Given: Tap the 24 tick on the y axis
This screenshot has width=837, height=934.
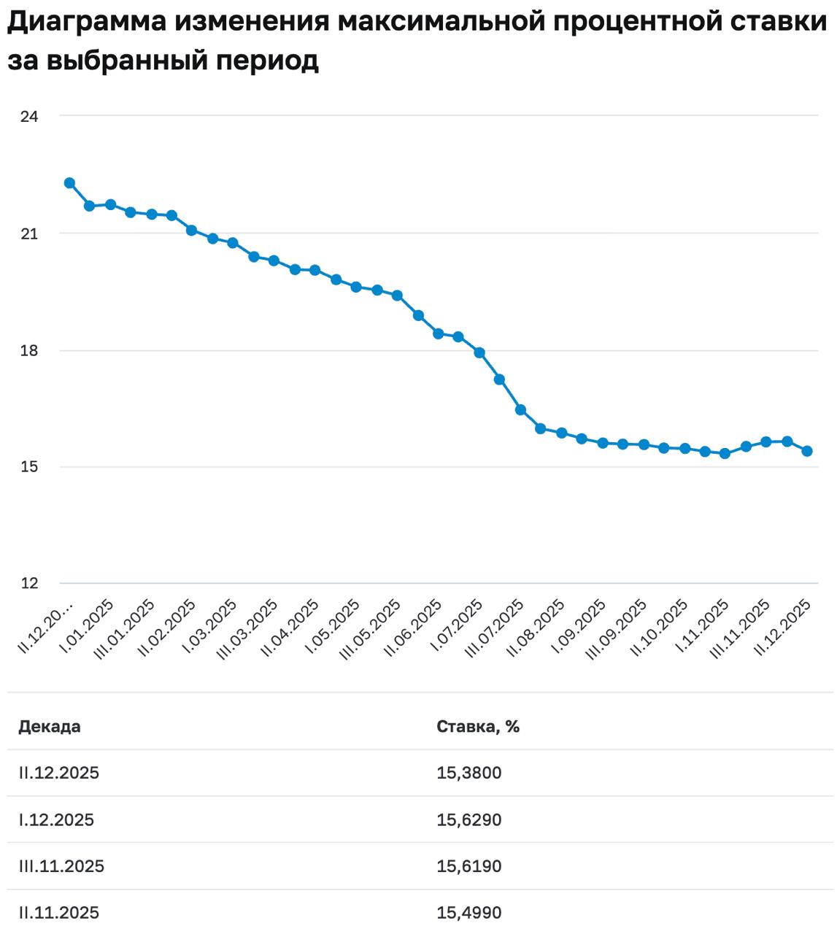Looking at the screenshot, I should coord(29,116).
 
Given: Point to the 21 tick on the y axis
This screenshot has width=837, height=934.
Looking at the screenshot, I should coord(29,233).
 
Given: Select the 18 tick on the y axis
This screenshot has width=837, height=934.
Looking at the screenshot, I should coord(29,350).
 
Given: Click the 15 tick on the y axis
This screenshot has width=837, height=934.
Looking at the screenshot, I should coord(29,467).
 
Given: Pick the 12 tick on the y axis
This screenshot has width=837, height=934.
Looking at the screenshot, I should coord(29,583).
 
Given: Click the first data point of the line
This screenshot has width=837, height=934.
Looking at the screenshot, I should coord(69,183).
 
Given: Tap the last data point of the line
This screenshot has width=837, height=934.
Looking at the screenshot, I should coord(807,451).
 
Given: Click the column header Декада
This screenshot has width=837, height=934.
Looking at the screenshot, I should coord(50,727).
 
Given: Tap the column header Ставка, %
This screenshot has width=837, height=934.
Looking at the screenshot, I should coord(478,727).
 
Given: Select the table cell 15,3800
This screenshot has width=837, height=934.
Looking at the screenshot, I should coord(469,773).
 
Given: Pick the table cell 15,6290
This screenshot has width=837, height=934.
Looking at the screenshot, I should coord(469,820).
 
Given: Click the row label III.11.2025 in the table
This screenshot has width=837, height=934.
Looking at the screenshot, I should coord(62,867).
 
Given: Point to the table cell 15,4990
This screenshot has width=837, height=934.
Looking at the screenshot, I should coord(469,913).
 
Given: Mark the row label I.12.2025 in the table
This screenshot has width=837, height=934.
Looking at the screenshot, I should coord(57,820).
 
